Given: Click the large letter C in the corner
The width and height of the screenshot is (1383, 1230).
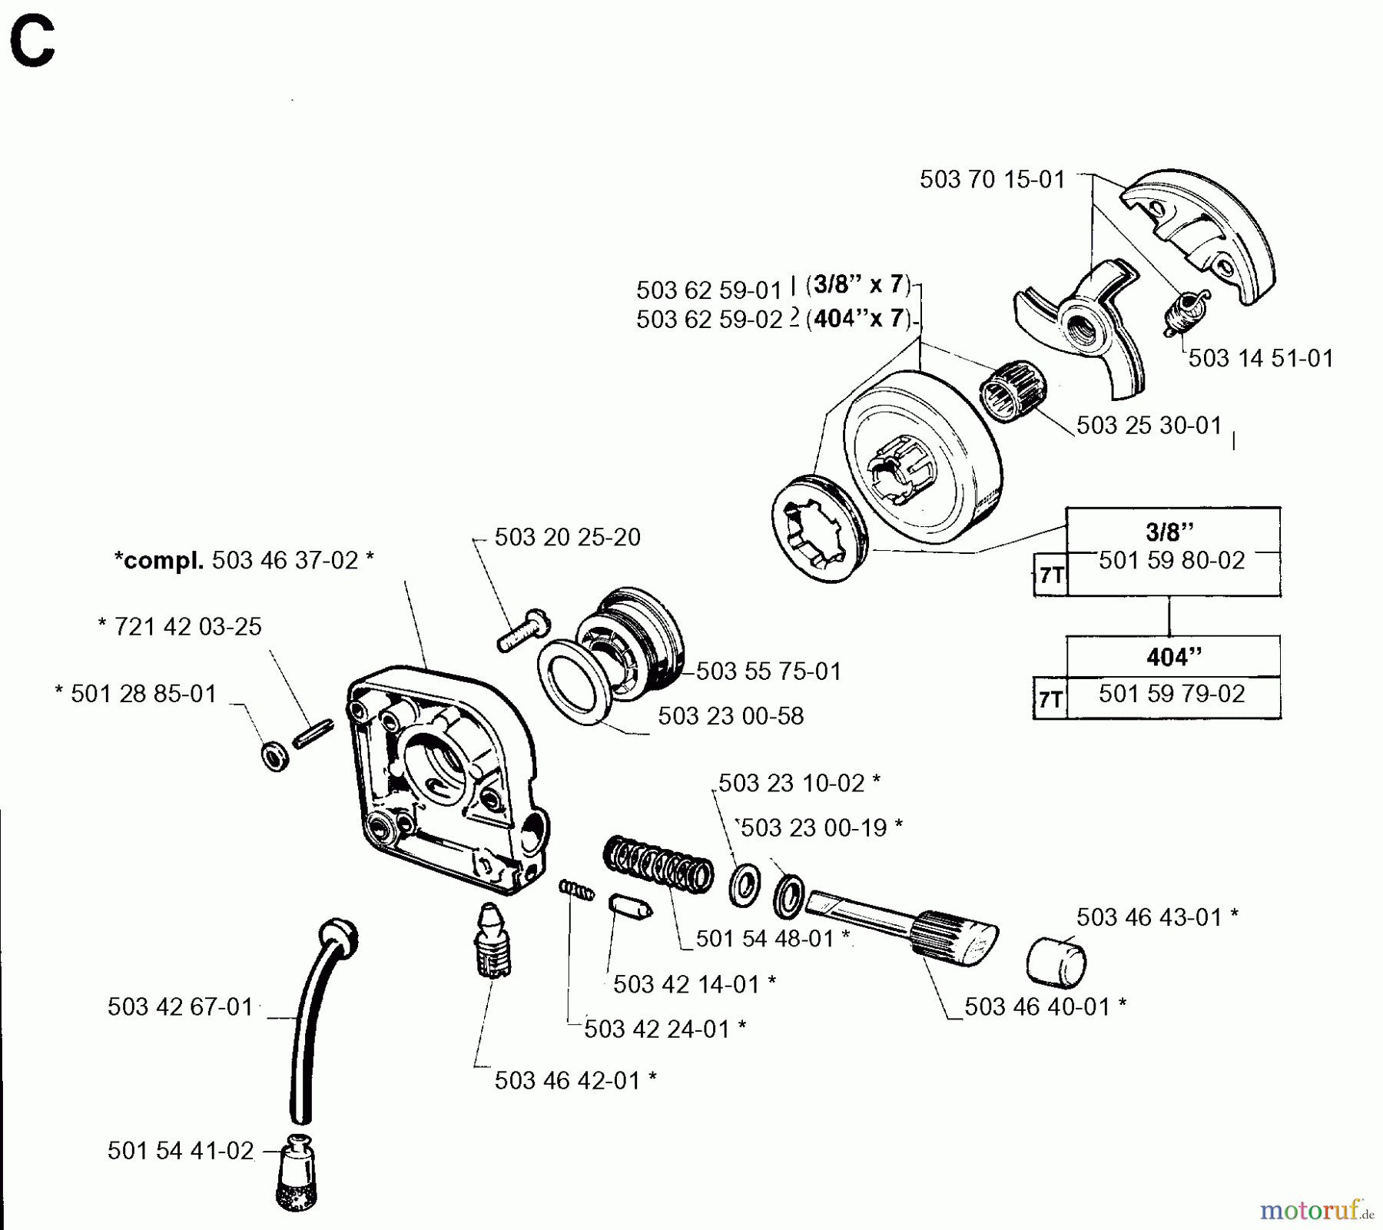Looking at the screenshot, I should click(x=32, y=44).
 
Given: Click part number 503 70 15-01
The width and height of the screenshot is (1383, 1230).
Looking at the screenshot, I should click(x=992, y=180).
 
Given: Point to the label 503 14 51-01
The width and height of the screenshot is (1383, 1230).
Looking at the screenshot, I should click(x=1261, y=358).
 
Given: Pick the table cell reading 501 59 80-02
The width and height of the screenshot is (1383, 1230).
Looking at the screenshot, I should click(x=1171, y=561).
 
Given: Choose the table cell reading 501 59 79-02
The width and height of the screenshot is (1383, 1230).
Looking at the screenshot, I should click(x=1171, y=694).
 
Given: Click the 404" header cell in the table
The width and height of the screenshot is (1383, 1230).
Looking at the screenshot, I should click(x=1172, y=657).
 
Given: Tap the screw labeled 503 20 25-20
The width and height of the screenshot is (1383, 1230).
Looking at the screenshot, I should click(x=523, y=630).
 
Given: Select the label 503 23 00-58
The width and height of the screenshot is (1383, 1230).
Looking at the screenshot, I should click(x=730, y=716).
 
